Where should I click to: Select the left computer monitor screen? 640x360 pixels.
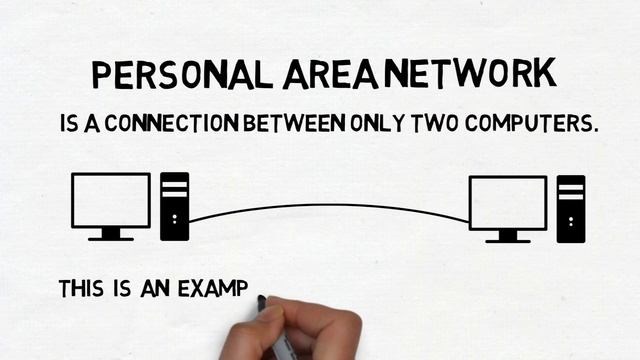[x=110, y=199]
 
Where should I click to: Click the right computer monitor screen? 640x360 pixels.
[x=508, y=202]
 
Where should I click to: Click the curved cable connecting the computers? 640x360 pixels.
[x=330, y=205]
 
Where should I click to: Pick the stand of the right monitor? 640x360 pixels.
[x=508, y=237]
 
